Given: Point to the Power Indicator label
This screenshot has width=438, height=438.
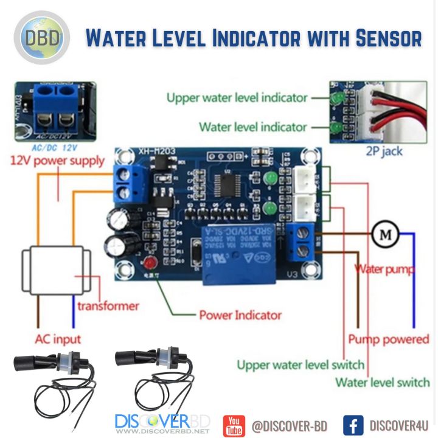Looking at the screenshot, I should point(240,315).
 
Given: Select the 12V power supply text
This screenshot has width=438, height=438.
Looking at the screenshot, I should point(57,161).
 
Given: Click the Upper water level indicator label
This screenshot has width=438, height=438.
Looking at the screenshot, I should point(237,98).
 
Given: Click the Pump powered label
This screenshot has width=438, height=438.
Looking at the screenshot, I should point(388,339).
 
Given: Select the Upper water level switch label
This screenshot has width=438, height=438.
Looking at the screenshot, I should point(301,365).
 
